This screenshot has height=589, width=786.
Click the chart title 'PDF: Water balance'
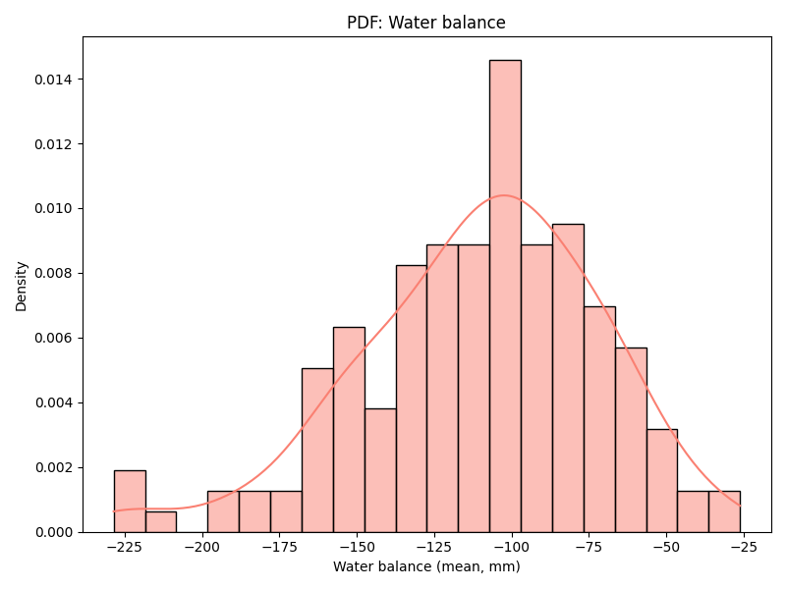425,23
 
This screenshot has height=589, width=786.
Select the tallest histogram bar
505,294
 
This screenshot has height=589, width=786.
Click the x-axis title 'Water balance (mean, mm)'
426,566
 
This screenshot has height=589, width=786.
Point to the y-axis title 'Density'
22,285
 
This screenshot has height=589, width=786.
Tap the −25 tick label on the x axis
743,546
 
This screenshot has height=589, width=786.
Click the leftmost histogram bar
130,502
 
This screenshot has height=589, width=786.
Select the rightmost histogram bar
724,511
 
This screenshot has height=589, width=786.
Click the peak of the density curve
503,195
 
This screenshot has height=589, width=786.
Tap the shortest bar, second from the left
161,522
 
